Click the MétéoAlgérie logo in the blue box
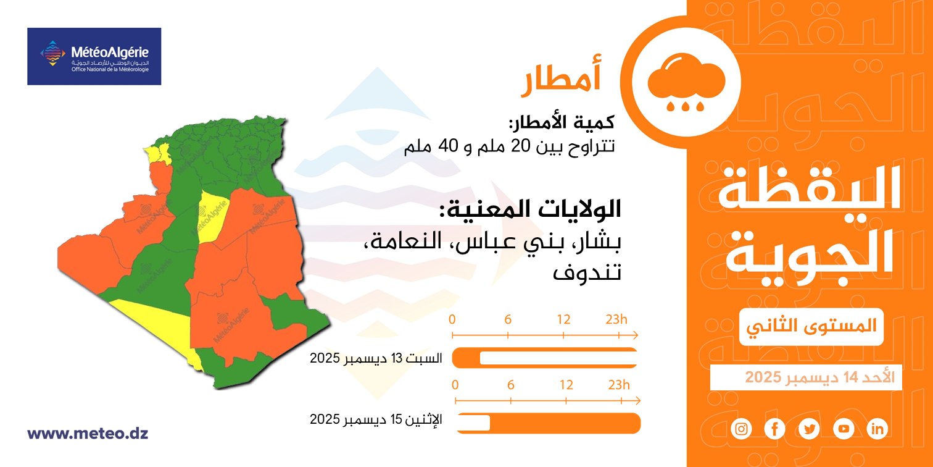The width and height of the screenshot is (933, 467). point(94,56)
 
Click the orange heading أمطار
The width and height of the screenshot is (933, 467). point(561,78)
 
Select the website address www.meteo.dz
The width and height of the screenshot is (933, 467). point(88,433)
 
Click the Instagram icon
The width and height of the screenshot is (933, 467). point(742,429)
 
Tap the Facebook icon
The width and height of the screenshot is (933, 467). point(775,429)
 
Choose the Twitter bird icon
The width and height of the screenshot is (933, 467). point(810,429)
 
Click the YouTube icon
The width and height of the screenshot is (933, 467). point(844,429)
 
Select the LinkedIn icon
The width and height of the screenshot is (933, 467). point(877,429)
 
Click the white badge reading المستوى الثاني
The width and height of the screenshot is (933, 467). point(811,327)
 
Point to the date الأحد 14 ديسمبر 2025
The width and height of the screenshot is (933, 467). point(819,377)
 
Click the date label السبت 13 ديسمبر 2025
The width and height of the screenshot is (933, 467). point(376,358)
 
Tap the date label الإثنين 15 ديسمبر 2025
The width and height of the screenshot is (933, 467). point(376,419)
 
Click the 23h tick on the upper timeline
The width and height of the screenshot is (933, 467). point(619,335)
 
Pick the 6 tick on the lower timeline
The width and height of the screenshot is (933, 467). point(511,401)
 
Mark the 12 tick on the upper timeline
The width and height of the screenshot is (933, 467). point(563,335)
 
